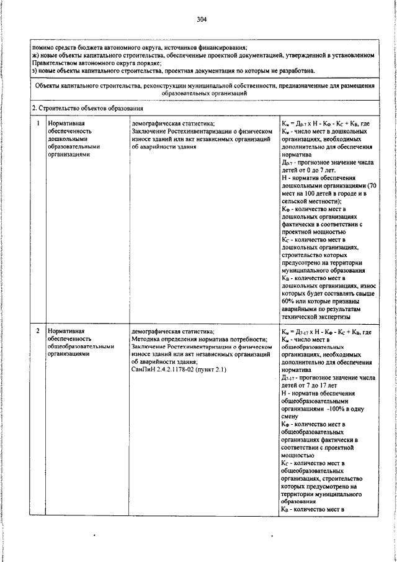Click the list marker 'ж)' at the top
coord(35,56)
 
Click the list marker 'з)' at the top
coord(35,71)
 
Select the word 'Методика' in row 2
coord(147,340)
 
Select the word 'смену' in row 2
coord(290,417)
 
